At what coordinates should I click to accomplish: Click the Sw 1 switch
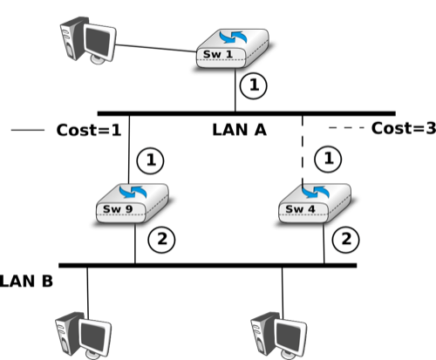[233, 49]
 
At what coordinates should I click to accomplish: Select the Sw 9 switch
[133, 203]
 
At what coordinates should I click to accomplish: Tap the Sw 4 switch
[315, 203]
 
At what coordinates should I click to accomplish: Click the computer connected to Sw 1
[88, 40]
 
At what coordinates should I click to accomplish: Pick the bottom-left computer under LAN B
[83, 336]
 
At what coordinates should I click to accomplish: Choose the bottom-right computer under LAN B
[278, 336]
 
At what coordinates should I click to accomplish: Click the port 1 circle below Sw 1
[254, 85]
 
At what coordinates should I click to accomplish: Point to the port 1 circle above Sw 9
[150, 160]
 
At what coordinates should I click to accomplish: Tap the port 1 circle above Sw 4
[328, 160]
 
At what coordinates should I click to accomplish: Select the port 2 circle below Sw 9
[161, 240]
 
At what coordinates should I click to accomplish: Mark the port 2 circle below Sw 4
[345, 240]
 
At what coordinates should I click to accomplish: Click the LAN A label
[239, 130]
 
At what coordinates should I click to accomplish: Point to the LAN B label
[26, 282]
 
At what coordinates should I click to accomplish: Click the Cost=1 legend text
[89, 130]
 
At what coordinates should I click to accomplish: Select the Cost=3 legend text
[404, 128]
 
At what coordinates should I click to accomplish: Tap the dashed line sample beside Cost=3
[346, 127]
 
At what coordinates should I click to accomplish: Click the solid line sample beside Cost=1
[28, 130]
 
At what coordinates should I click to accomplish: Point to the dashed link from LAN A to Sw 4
[303, 151]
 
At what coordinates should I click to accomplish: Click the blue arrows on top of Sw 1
[233, 37]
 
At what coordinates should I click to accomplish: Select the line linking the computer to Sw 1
[156, 48]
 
